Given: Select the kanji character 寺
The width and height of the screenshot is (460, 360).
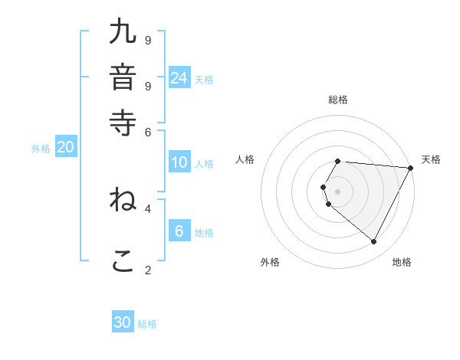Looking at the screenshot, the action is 123,123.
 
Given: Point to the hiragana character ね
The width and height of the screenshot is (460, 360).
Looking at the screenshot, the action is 123,200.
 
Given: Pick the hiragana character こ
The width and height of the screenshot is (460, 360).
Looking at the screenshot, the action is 123,260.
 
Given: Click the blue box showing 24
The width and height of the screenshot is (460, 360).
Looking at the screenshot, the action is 179,77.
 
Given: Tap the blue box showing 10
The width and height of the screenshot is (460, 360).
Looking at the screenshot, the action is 179,162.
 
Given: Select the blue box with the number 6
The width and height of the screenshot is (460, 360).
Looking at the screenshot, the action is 179,232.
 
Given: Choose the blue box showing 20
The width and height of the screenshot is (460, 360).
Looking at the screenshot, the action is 65,148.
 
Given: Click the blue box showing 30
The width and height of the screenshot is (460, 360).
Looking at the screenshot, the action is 123,322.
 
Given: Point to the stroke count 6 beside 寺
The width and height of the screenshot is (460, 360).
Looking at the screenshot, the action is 148,131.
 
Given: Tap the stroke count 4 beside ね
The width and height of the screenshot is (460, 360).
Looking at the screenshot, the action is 148,208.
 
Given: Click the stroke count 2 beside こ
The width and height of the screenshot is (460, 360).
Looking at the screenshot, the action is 148,269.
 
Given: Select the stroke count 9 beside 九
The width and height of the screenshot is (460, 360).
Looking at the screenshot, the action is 148,39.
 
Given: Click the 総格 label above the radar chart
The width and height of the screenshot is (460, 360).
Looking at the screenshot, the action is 338,100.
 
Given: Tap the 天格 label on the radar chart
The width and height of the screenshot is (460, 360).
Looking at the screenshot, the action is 431,159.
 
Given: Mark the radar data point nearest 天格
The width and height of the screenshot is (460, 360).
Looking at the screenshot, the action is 411,168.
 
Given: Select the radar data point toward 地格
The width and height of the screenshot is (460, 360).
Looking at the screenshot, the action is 374,242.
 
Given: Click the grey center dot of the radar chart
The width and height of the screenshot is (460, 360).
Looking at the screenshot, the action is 338,191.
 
